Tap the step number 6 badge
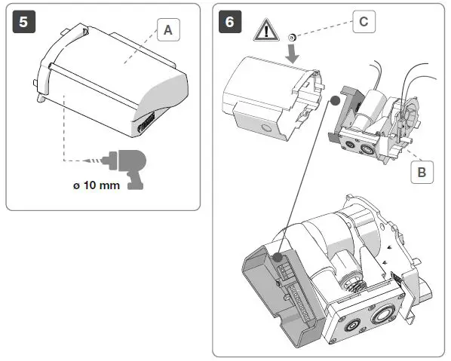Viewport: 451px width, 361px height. [x=230, y=21]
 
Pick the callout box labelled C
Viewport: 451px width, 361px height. [x=363, y=21]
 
